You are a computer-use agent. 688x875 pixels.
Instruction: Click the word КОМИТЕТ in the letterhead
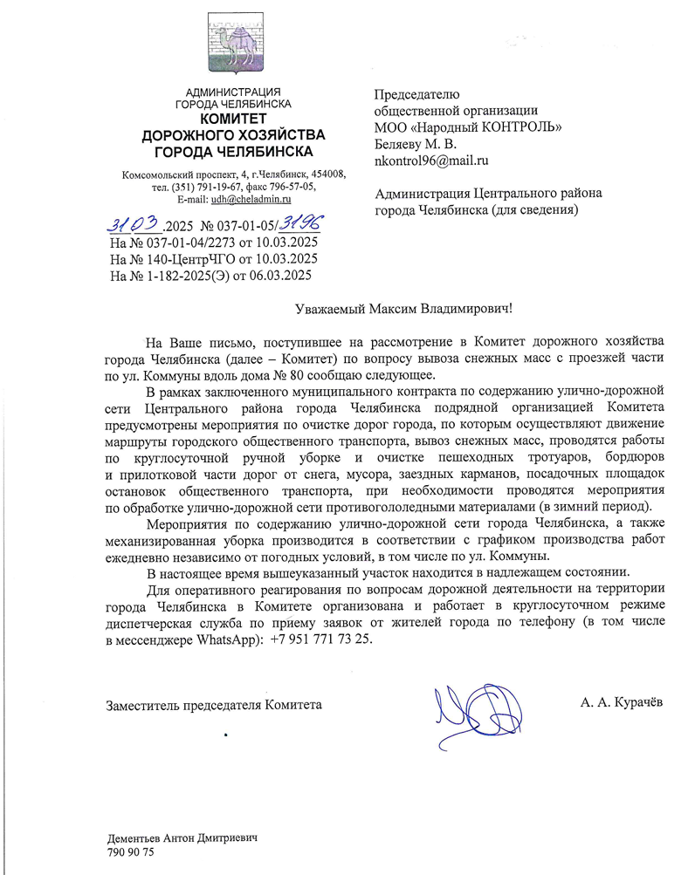[233, 119]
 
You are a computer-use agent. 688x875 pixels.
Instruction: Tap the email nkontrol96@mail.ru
[430, 161]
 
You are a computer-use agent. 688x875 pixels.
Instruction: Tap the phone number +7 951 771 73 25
[321, 639]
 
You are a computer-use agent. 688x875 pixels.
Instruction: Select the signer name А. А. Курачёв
[621, 703]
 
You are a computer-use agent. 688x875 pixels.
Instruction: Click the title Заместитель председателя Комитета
[214, 704]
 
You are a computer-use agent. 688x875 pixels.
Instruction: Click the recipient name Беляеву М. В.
[416, 144]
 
